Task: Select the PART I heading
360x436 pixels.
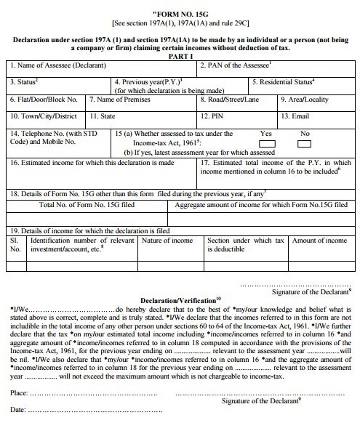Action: [x=180, y=56]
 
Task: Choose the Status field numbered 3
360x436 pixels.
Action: [x=58, y=84]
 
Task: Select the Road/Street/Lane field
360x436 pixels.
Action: [x=238, y=100]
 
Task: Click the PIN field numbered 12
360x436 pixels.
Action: [x=238, y=116]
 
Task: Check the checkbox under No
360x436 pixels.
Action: [x=304, y=144]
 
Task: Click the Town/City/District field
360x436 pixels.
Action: [x=46, y=116]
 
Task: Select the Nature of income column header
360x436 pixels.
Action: [x=169, y=241]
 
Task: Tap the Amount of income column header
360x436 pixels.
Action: [x=319, y=241]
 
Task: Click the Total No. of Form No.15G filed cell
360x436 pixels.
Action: [x=87, y=206]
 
